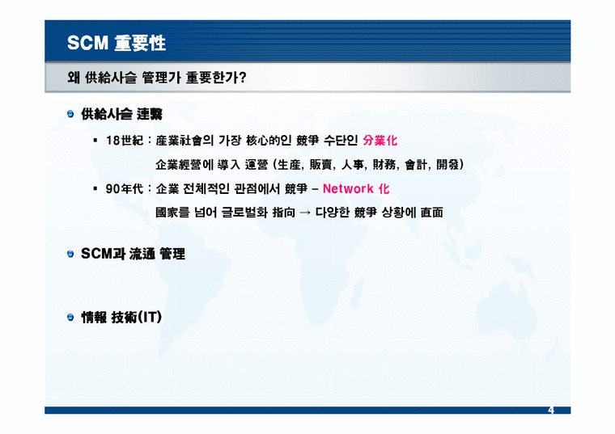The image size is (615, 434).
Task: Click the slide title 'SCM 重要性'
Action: [117, 42]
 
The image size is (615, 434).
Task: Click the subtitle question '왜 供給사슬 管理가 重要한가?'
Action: [158, 78]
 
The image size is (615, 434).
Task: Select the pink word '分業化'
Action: [380, 140]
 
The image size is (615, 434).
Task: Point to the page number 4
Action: [550, 411]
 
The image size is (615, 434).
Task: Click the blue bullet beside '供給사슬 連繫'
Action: [71, 116]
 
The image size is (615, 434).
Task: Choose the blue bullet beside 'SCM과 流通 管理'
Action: [71, 255]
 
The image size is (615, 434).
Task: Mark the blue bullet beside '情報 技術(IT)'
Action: [71, 318]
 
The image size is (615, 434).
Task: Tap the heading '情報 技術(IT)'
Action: [122, 318]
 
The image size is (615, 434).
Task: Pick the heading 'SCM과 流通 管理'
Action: [134, 255]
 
